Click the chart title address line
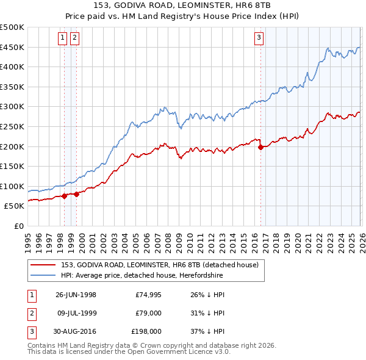182,5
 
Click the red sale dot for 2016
260,147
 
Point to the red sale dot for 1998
64,196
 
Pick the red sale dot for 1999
76,195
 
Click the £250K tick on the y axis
12,126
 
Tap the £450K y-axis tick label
12,47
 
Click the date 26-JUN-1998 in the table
76,294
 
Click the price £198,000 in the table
146,332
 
